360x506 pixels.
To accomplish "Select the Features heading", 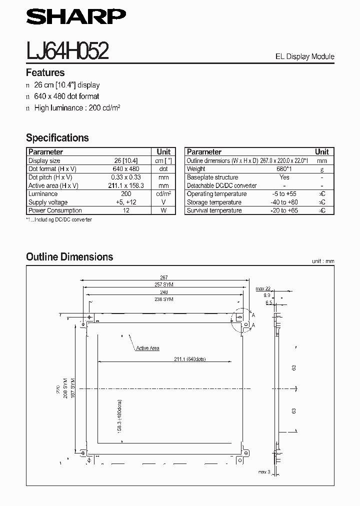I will tap(45, 72).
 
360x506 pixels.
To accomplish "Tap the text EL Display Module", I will tap(304, 56).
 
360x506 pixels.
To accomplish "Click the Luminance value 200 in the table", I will tap(125, 194).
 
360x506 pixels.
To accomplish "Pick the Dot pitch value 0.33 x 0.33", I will tap(125, 177).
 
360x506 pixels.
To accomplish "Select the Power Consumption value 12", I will tap(125, 210).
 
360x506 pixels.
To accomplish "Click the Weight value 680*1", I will tap(284, 169).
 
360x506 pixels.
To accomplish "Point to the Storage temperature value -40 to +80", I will tap(284, 202).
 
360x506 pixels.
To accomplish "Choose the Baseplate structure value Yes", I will tap(284, 177).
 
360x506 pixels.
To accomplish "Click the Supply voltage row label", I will tap(48, 202).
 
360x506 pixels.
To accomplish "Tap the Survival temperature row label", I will tap(214, 210).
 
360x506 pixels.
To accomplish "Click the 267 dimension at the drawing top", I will tap(164, 277).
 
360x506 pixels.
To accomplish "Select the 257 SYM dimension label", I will tap(164, 284).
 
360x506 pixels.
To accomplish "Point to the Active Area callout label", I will tap(147, 348).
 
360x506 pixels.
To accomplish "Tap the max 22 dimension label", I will tap(263, 288).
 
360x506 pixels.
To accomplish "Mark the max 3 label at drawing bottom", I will tap(264, 472).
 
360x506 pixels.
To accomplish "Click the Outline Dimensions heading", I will tap(69, 257).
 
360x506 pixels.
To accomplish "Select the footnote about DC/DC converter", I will tap(59, 219).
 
